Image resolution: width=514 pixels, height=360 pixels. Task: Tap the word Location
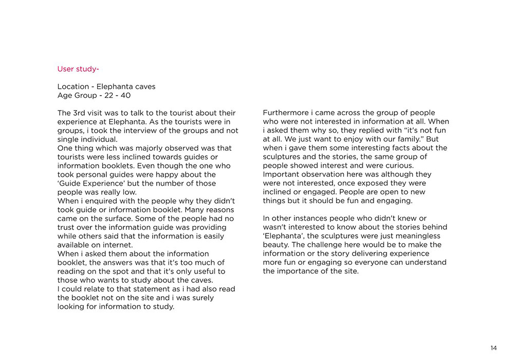pyautogui.click(x=72, y=86)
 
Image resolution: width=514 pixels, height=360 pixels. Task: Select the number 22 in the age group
pyautogui.click(x=108, y=96)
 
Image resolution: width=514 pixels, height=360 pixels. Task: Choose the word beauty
pyautogui.click(x=276, y=245)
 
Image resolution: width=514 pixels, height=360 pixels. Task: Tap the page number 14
pyautogui.click(x=493, y=348)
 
